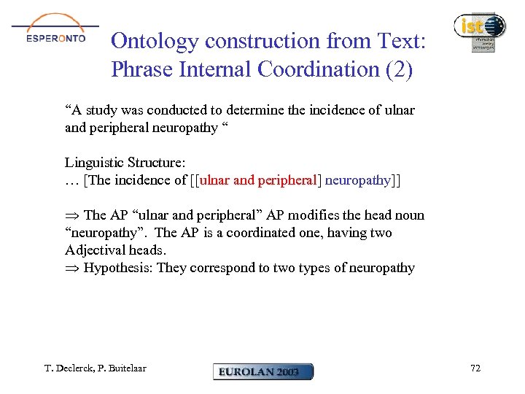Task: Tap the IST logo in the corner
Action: [478, 32]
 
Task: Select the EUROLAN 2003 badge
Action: [262, 371]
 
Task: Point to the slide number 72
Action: [475, 368]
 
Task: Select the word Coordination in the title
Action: [313, 69]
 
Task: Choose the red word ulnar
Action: [216, 180]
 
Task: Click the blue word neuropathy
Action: [357, 180]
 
